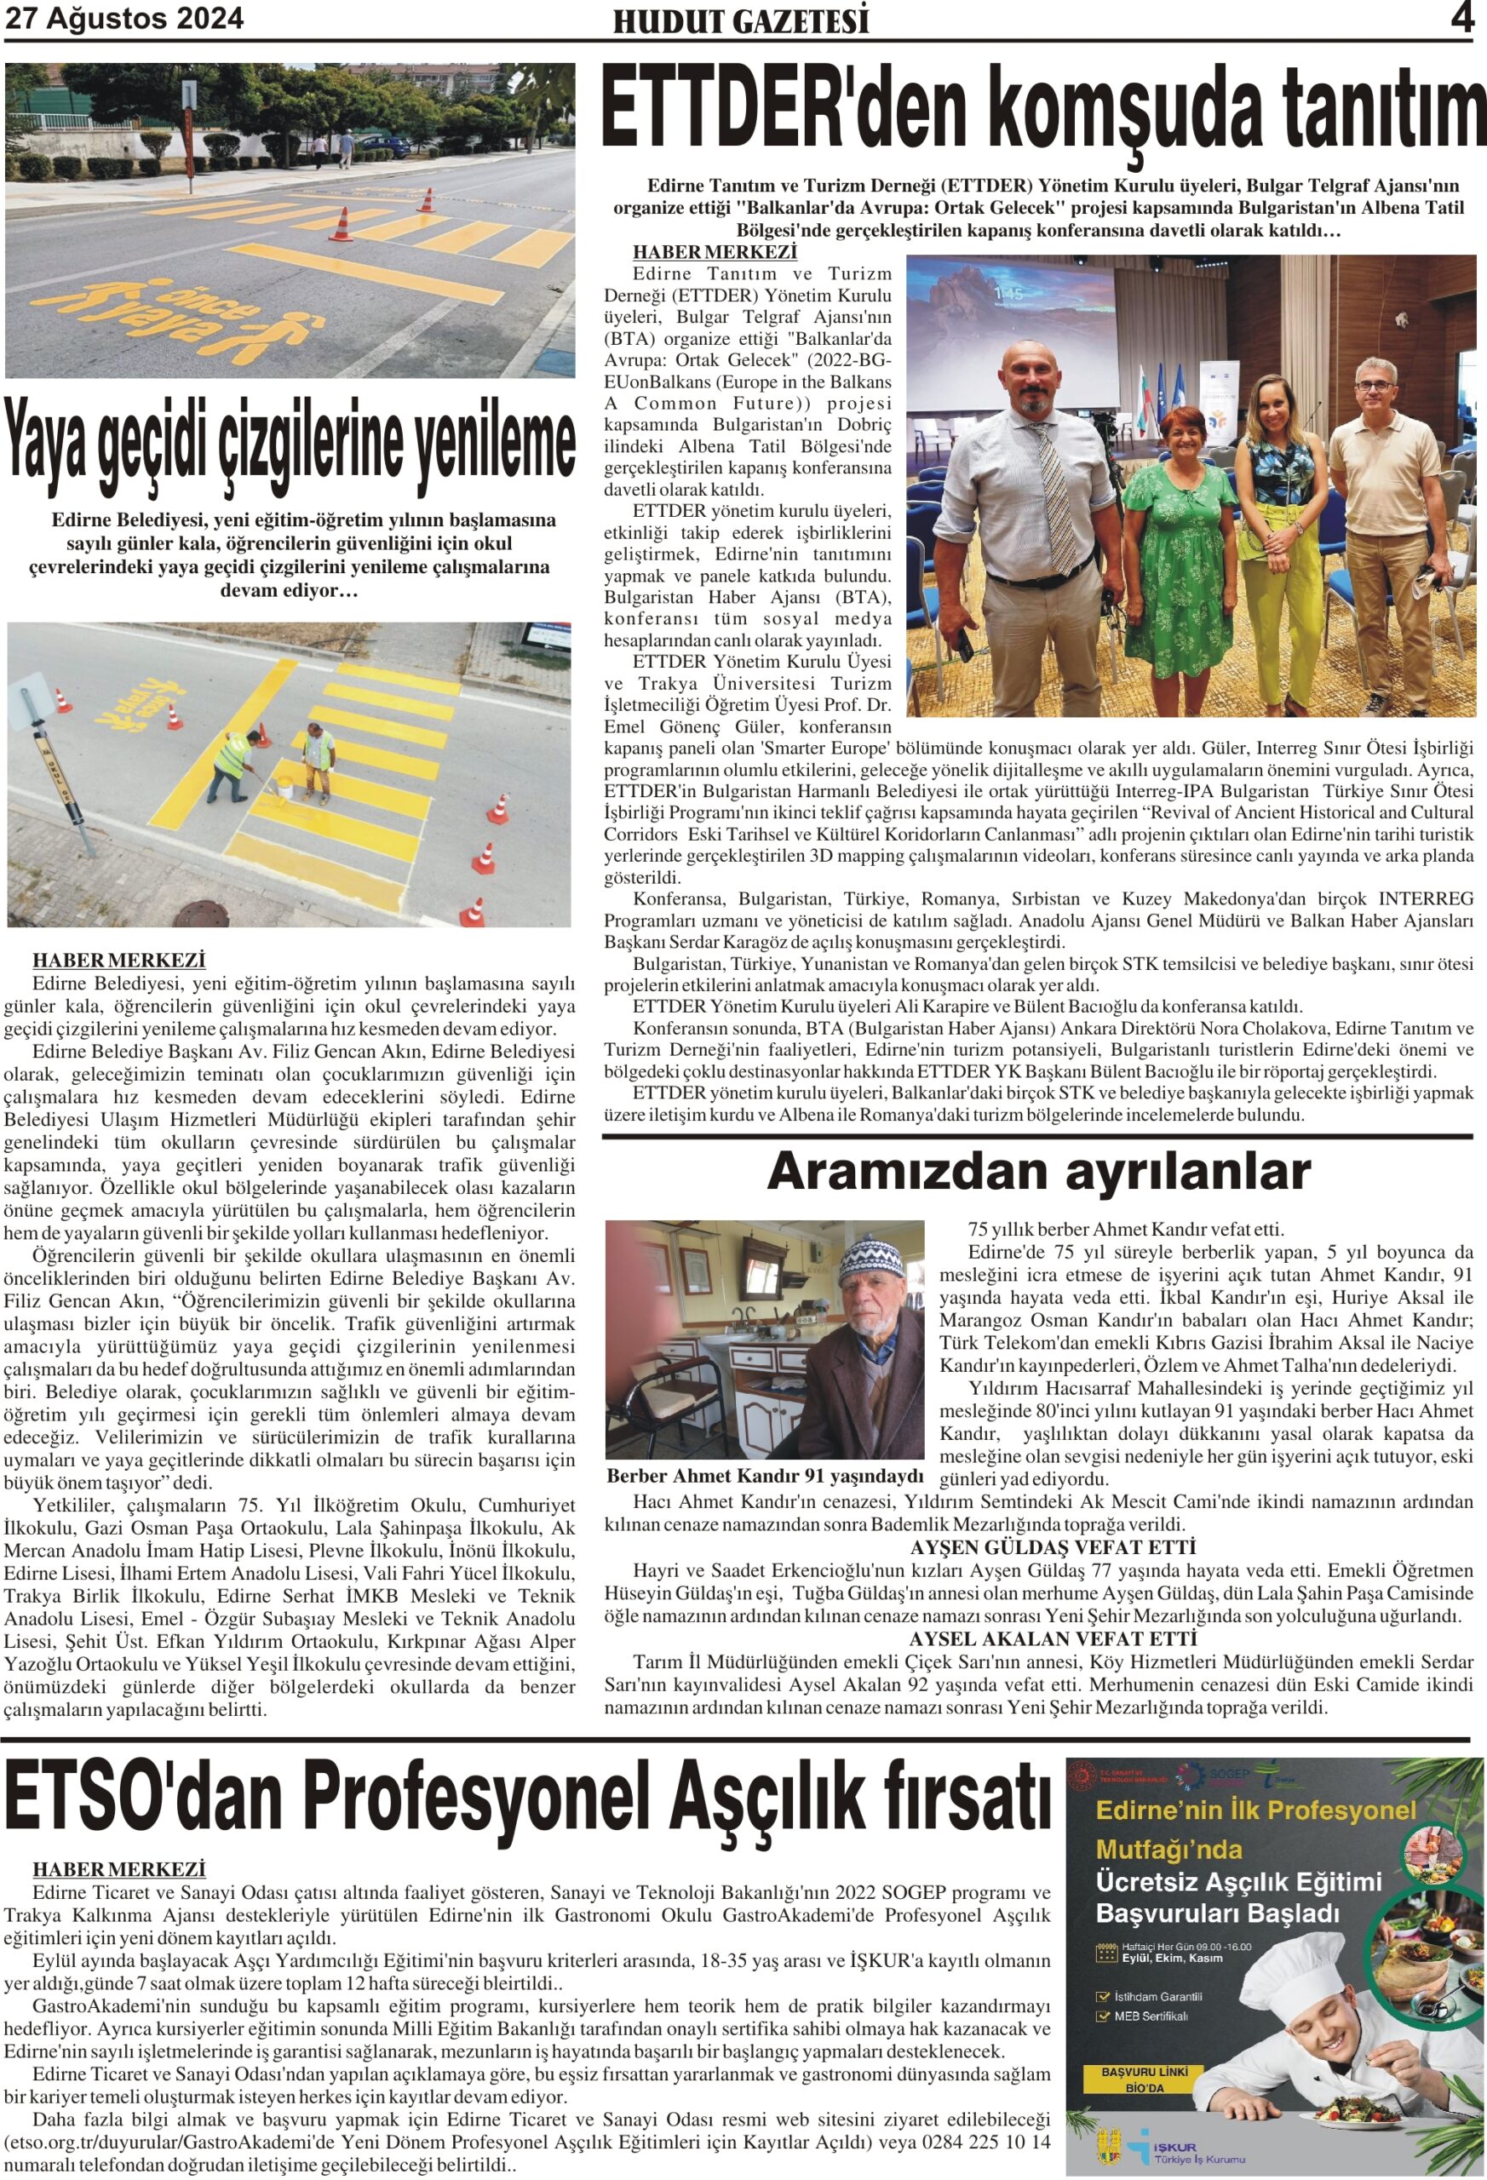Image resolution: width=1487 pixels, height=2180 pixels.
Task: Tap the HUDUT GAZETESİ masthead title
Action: pos(741,21)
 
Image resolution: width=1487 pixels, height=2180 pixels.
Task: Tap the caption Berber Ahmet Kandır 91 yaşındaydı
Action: pos(765,1477)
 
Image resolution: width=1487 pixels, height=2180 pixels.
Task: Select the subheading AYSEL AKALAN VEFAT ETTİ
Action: pos(1053,1638)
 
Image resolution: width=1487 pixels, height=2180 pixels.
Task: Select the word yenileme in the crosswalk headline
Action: pos(488,440)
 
